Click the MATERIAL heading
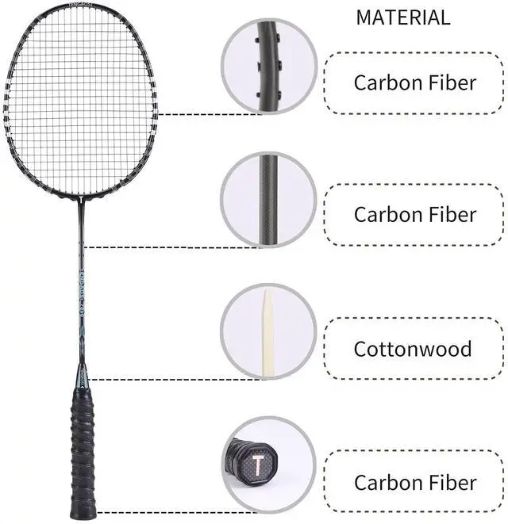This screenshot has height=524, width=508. (x=402, y=17)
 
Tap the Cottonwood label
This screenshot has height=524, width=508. (x=413, y=349)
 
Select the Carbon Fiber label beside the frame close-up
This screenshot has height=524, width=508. (x=414, y=82)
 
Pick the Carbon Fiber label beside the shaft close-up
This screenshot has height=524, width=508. (x=414, y=214)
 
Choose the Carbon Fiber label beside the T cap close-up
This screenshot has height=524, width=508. (x=414, y=482)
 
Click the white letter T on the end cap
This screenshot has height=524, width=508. (x=258, y=464)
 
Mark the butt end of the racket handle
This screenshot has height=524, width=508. (x=83, y=511)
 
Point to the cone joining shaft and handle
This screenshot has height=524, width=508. (x=82, y=376)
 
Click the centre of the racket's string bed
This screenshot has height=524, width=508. (x=79, y=99)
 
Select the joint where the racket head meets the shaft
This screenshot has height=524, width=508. (x=81, y=198)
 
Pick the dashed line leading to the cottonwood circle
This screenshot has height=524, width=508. (x=159, y=379)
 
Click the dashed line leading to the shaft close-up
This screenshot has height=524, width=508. (x=159, y=247)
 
